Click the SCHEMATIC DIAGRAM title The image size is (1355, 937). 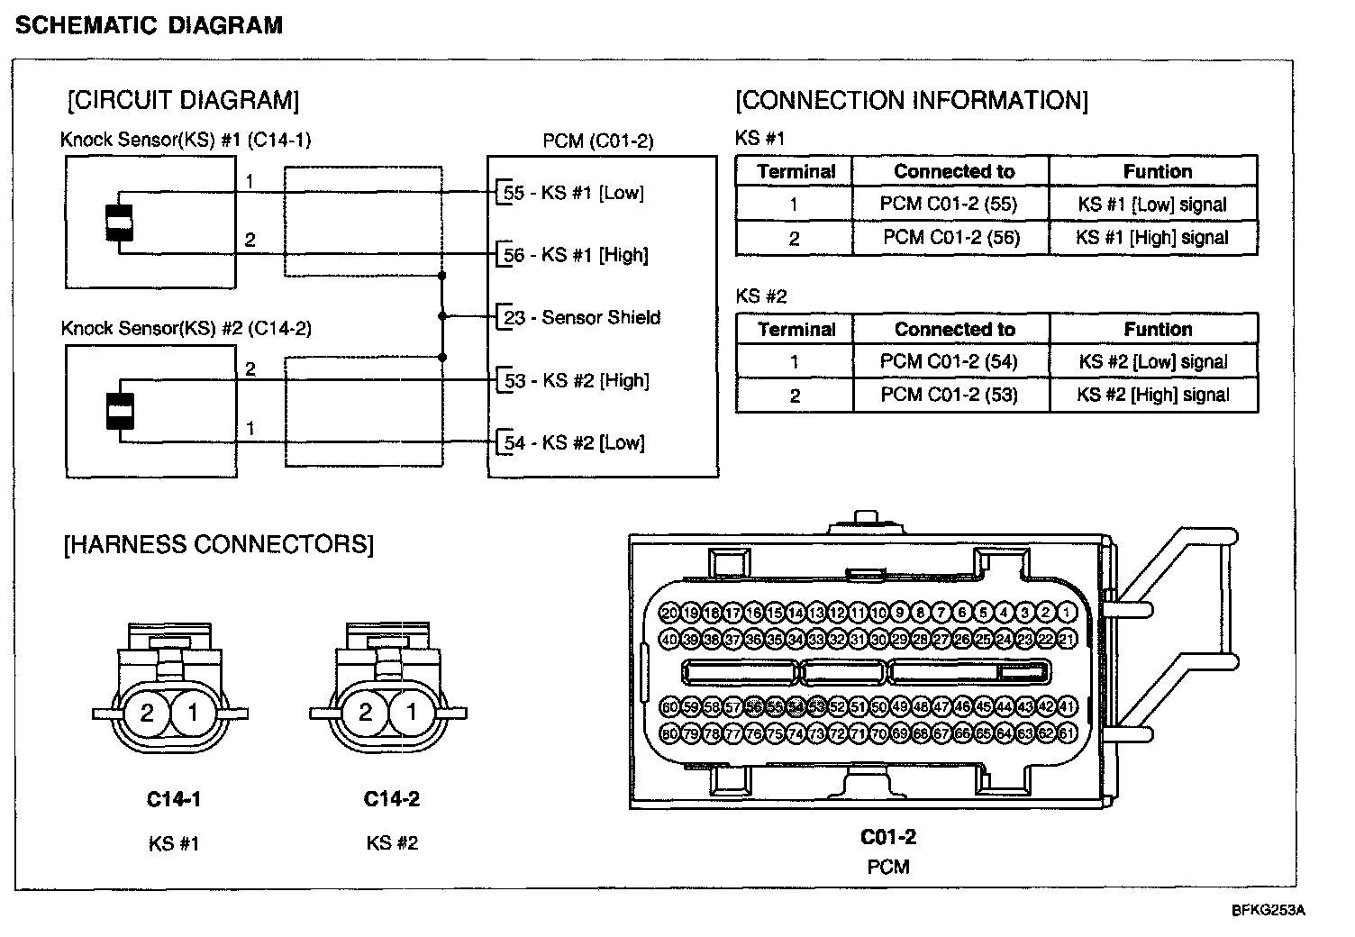click(150, 25)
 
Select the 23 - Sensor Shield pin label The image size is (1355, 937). click(582, 317)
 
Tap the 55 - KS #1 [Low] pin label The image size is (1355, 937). click(574, 193)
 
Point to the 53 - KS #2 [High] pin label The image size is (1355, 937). click(577, 380)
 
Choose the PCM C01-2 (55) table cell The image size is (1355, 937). click(949, 205)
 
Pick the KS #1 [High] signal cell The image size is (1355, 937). click(1152, 238)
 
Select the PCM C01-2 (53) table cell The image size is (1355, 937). click(950, 395)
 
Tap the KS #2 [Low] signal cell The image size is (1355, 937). click(1153, 362)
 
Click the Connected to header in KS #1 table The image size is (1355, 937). click(954, 171)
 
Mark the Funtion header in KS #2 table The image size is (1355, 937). click(1158, 329)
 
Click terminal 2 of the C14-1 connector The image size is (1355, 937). click(148, 714)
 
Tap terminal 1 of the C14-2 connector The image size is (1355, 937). click(412, 713)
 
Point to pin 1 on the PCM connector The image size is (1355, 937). click(1067, 613)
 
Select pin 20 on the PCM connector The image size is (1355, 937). click(669, 613)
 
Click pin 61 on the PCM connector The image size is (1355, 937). click(1067, 733)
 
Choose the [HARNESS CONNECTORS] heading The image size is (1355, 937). click(218, 544)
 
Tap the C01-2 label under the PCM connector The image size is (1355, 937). click(888, 837)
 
